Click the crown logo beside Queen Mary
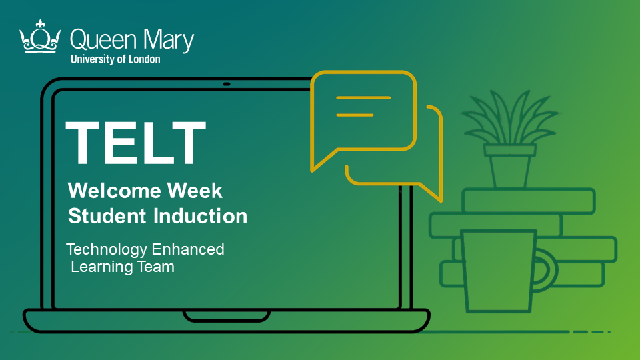[x=39, y=37]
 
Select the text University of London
[x=115, y=59]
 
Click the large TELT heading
[x=135, y=143]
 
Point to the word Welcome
[x=115, y=191]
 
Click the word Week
[x=195, y=191]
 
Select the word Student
[x=107, y=216]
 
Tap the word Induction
[x=201, y=216]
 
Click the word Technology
[x=107, y=250]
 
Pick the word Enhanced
[x=188, y=249]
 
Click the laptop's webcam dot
[x=227, y=84]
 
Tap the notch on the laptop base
[x=227, y=317]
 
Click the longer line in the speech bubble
[x=363, y=98]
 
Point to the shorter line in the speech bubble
[x=355, y=115]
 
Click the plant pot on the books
[x=510, y=165]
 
